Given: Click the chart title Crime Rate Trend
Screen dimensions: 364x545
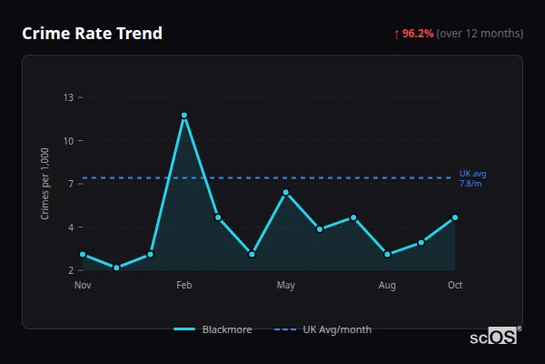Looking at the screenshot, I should click(x=93, y=34).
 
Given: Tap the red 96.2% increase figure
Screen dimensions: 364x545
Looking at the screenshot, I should click(x=418, y=34).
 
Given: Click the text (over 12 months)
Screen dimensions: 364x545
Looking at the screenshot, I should click(x=480, y=34).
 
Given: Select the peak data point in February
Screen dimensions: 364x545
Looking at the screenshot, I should click(x=184, y=116).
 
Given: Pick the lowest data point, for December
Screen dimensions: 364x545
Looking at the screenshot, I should click(x=116, y=268).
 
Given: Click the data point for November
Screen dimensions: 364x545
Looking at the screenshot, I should click(x=83, y=255).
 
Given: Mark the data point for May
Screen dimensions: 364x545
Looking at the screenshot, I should click(x=285, y=192).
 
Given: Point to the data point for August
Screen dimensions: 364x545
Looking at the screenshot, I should click(x=387, y=255).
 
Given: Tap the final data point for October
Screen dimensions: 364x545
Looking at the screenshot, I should click(x=455, y=217).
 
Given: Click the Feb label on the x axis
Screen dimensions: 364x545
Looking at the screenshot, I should click(x=184, y=286).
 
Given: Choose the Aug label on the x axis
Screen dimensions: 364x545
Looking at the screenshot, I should click(x=387, y=286).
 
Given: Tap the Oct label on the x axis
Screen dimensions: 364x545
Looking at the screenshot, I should click(x=455, y=286).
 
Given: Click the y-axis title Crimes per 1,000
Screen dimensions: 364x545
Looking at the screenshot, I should click(x=45, y=184).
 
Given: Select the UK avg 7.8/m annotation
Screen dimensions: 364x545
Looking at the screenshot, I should click(x=472, y=178).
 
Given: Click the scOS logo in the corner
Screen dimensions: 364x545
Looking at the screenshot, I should click(x=494, y=336).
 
